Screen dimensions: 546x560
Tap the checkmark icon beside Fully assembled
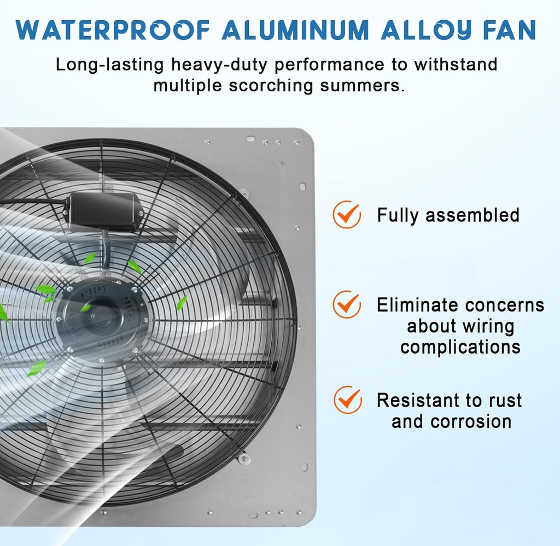pyautogui.click(x=347, y=215)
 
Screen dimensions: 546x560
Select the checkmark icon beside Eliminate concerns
pyautogui.click(x=347, y=304)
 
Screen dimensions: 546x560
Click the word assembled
pyautogui.click(x=472, y=215)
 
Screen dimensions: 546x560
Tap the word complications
pyautogui.click(x=460, y=347)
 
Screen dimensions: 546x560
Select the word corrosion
pyautogui.click(x=471, y=421)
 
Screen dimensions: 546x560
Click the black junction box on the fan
pyautogui.click(x=103, y=210)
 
